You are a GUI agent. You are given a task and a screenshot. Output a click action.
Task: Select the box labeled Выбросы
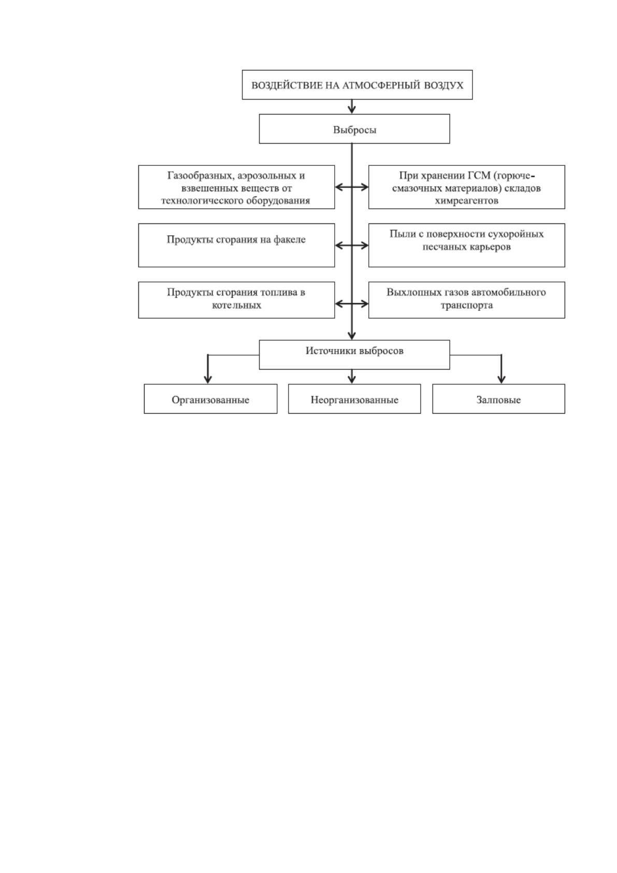tap(354, 129)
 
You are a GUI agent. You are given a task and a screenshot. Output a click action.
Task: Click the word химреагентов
tap(466, 201)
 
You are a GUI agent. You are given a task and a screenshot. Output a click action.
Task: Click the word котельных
tap(236, 305)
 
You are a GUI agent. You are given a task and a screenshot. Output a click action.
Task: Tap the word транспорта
tap(466, 305)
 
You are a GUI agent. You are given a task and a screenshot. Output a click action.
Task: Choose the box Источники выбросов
tap(354, 354)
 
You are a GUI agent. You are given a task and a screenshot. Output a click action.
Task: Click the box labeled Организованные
tap(210, 399)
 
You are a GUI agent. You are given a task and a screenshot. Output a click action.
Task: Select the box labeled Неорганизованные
tap(354, 399)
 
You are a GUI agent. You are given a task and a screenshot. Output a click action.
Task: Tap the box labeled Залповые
tap(498, 399)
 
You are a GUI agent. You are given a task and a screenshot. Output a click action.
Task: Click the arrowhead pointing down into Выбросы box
tap(352, 109)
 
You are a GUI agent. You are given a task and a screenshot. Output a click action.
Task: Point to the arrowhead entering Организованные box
tap(208, 379)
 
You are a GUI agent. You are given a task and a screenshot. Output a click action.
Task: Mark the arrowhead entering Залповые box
tap(501, 379)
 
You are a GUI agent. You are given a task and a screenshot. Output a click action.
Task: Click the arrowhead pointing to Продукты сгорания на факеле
tap(339, 246)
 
